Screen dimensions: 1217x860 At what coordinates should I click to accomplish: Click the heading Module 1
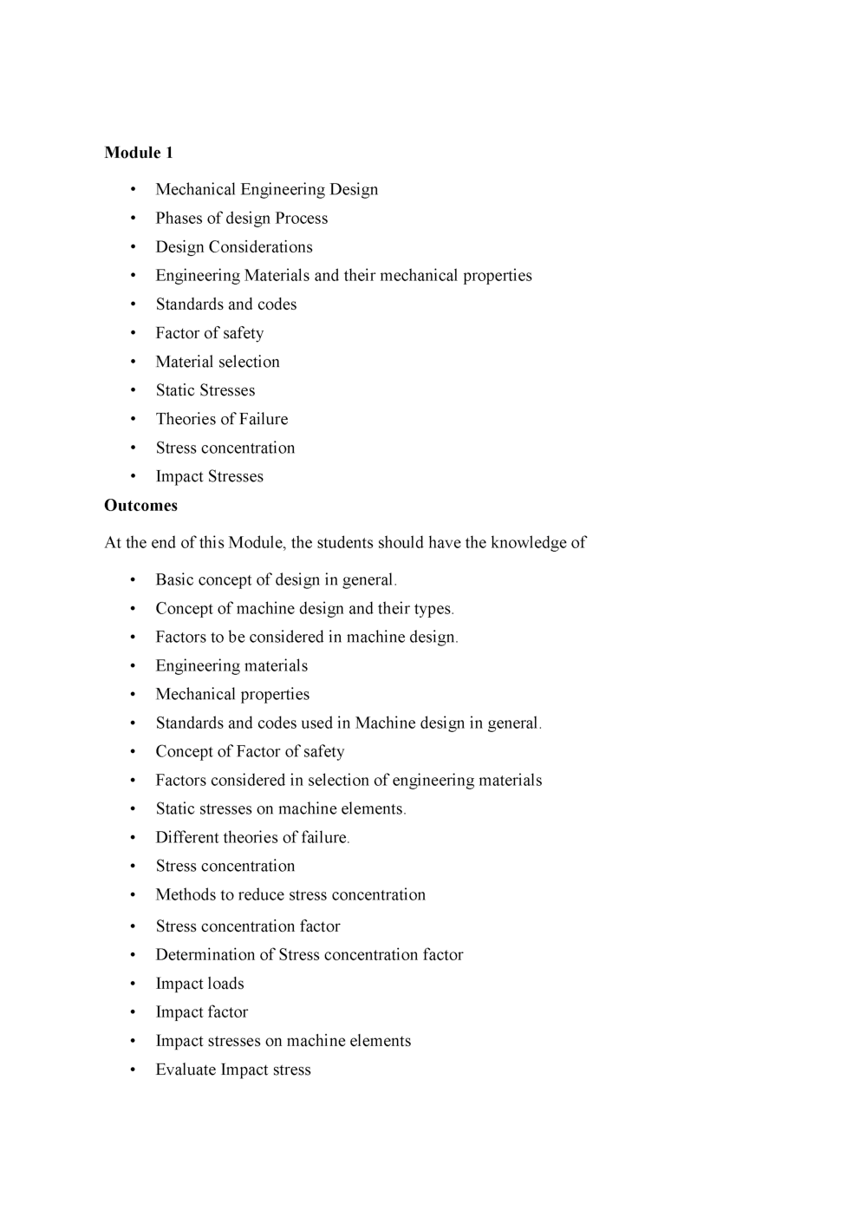[x=139, y=153]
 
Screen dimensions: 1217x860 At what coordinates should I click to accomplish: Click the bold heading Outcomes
[x=140, y=506]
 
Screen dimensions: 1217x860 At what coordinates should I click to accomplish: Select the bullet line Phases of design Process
[x=241, y=219]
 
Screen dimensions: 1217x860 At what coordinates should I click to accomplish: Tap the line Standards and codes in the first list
[x=225, y=304]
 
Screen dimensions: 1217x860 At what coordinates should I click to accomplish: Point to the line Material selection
[x=217, y=362]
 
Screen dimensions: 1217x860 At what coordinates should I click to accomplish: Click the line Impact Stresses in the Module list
[x=209, y=477]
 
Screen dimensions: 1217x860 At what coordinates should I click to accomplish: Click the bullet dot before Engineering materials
[x=133, y=666]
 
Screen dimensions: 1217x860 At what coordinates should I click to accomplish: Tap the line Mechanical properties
[x=231, y=695]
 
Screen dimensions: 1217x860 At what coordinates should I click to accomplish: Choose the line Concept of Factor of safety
[x=250, y=752]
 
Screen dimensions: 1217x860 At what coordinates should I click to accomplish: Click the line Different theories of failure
[x=251, y=838]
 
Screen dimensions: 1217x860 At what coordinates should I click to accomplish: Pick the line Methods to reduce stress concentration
[x=290, y=895]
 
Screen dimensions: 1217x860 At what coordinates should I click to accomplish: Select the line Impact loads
[x=199, y=984]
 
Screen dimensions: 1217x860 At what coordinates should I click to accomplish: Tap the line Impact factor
[x=201, y=1012]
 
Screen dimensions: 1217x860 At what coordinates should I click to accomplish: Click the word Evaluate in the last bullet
[x=186, y=1070]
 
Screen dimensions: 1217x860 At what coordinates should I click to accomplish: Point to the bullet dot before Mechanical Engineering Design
[x=133, y=190]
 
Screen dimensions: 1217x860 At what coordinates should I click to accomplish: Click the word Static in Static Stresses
[x=176, y=391]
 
